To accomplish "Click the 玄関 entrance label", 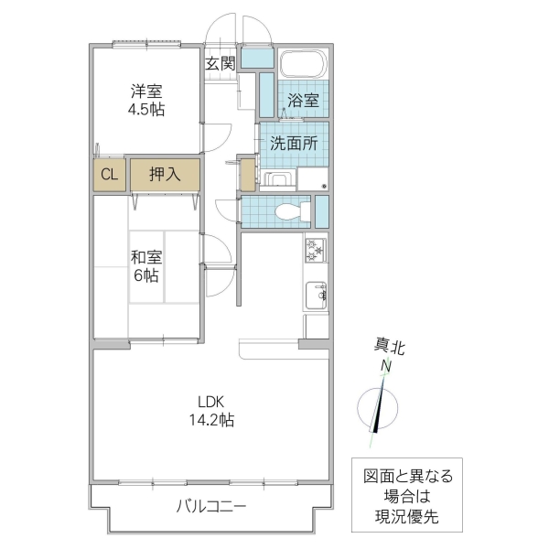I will (x=221, y=63).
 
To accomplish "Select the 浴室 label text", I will (x=303, y=101).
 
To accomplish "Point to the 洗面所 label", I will (x=294, y=143).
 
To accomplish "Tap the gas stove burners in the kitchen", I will (x=316, y=248).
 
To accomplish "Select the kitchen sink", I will (x=317, y=293).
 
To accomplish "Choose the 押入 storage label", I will (x=164, y=174).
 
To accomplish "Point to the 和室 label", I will (x=147, y=256).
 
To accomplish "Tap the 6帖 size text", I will (x=147, y=274).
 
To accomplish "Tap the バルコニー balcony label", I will (x=210, y=506).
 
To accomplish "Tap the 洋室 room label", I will (x=146, y=91).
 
